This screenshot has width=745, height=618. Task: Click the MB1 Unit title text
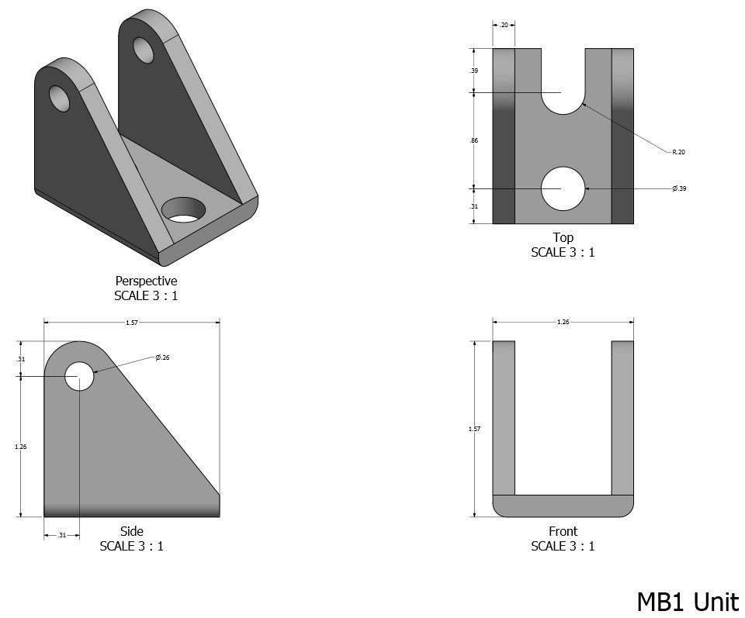688,602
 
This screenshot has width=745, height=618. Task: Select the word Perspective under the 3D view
146,281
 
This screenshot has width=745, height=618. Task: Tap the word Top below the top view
563,237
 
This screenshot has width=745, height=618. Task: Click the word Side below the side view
131,531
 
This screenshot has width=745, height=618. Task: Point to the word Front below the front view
563,531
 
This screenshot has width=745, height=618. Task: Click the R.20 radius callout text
678,152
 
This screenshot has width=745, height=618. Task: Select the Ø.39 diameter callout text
679,188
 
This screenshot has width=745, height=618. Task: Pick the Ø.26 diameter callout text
162,357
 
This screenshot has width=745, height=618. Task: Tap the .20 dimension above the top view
504,25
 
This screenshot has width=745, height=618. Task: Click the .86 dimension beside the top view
473,140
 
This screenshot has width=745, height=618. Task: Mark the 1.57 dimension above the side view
131,323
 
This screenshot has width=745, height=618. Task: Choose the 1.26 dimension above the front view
563,322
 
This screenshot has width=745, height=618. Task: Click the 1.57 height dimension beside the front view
474,429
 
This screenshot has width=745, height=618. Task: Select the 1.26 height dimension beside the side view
21,447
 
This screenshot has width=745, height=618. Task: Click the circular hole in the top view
563,188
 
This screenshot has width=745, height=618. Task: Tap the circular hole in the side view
79,376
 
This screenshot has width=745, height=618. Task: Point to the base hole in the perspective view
185,209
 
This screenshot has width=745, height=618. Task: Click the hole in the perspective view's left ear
60,98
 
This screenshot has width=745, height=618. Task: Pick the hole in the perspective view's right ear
144,50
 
